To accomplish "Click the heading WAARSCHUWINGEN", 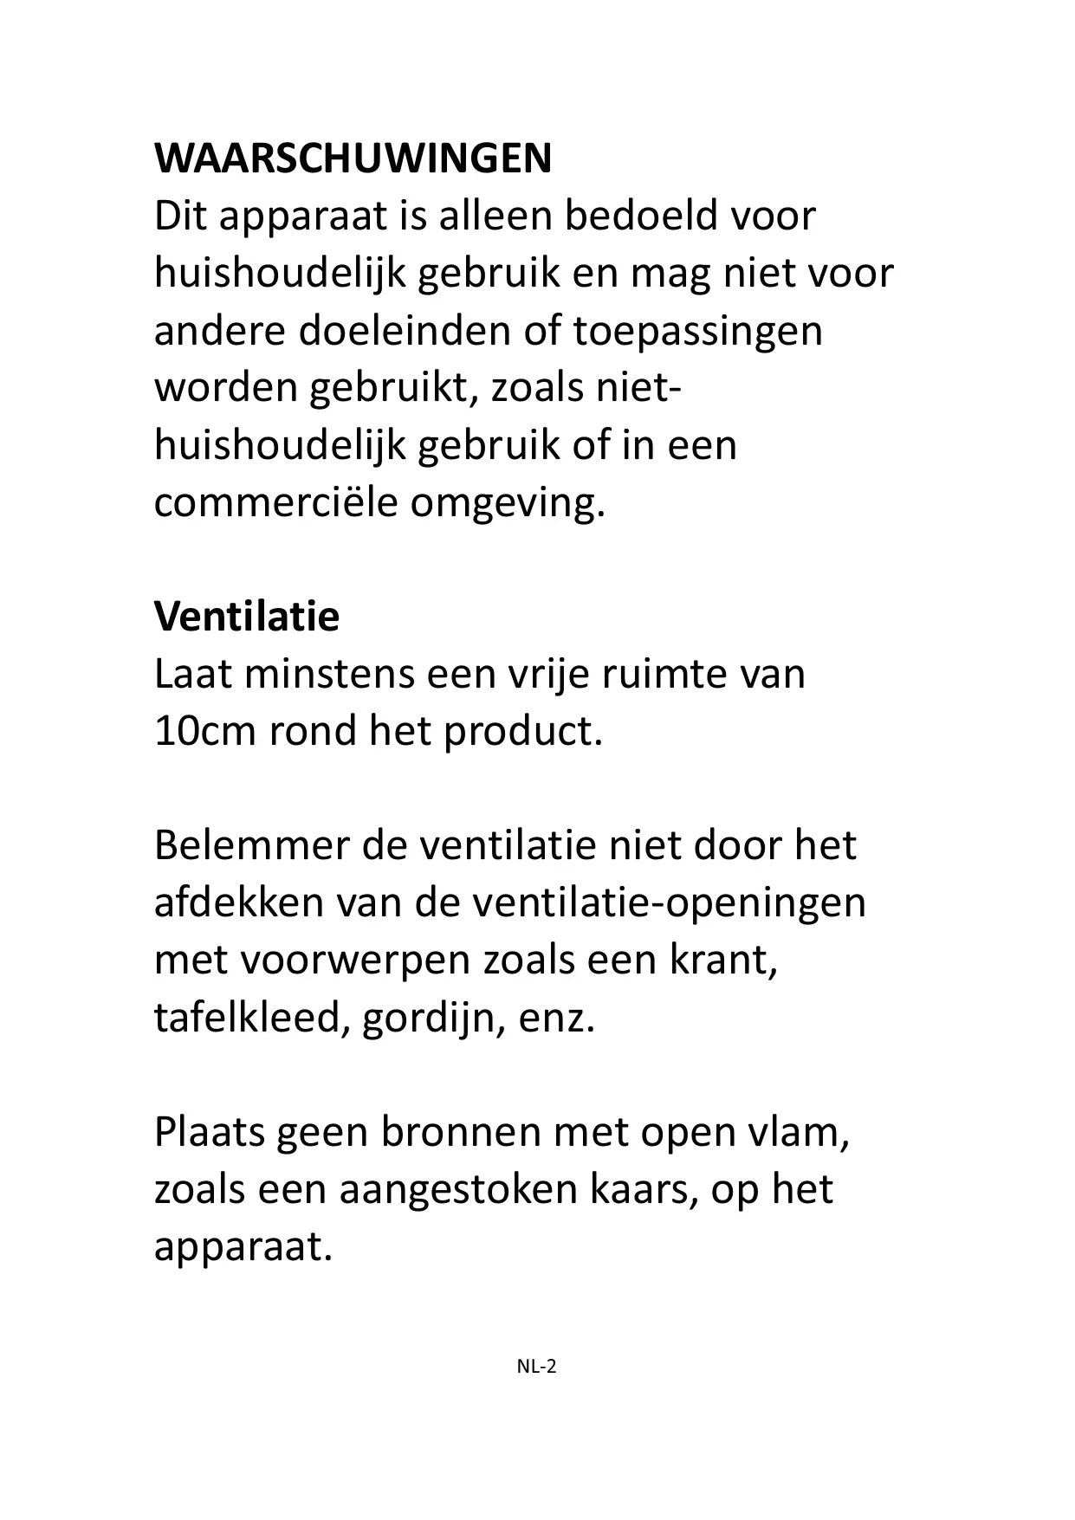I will [x=353, y=158].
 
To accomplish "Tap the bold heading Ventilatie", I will [x=247, y=617].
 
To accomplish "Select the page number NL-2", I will [x=536, y=1367].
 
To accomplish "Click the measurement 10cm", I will [x=205, y=732].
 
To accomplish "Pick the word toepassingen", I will [x=697, y=331].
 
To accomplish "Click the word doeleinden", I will [x=403, y=331].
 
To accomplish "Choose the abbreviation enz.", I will [x=557, y=1018].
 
